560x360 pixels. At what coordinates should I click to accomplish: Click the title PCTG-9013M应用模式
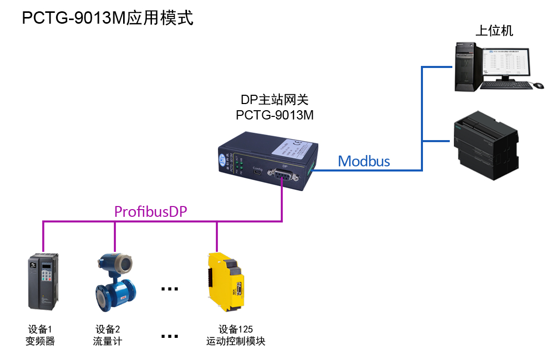click(x=108, y=19)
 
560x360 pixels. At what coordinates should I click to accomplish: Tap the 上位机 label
click(x=494, y=31)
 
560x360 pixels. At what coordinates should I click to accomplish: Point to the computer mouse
click(x=538, y=85)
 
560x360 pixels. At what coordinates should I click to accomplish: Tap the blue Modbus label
click(x=364, y=161)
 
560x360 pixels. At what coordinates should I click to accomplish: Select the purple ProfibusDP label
click(x=150, y=212)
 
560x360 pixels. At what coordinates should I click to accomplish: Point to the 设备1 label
click(x=40, y=330)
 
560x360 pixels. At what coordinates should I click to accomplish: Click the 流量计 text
click(x=108, y=341)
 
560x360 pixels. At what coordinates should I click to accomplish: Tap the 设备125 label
click(x=235, y=330)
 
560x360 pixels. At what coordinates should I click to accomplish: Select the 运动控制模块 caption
click(x=235, y=341)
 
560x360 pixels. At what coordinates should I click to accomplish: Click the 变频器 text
click(x=40, y=341)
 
